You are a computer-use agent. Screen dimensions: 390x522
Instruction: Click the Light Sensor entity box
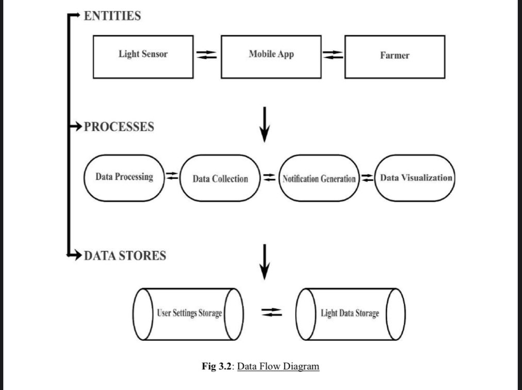tap(143, 57)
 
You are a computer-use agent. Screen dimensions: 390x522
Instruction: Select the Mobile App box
tap(271, 57)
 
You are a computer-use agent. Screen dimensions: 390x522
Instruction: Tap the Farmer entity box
tap(395, 57)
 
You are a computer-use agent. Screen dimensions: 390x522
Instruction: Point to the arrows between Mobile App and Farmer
tap(333, 55)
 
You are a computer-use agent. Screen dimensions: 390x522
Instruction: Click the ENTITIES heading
tap(112, 16)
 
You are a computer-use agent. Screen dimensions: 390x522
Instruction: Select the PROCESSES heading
tap(119, 127)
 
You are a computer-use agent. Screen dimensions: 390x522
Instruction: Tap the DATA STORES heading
tap(125, 256)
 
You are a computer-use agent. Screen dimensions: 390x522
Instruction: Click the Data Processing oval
tap(124, 177)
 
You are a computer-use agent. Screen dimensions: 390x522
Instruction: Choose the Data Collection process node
tap(220, 179)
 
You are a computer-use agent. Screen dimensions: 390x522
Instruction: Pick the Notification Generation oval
tap(319, 179)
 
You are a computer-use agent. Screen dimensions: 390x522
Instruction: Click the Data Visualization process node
tap(416, 178)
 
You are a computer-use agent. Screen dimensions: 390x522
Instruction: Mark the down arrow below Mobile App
tap(265, 124)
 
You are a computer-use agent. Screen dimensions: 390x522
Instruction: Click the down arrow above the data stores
tap(265, 261)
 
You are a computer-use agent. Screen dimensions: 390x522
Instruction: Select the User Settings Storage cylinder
tap(189, 313)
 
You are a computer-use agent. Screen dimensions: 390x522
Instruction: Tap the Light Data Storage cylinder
tap(350, 313)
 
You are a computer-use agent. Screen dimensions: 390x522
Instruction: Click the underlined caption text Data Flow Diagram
tap(278, 367)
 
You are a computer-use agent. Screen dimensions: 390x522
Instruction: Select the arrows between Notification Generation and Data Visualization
tap(367, 178)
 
